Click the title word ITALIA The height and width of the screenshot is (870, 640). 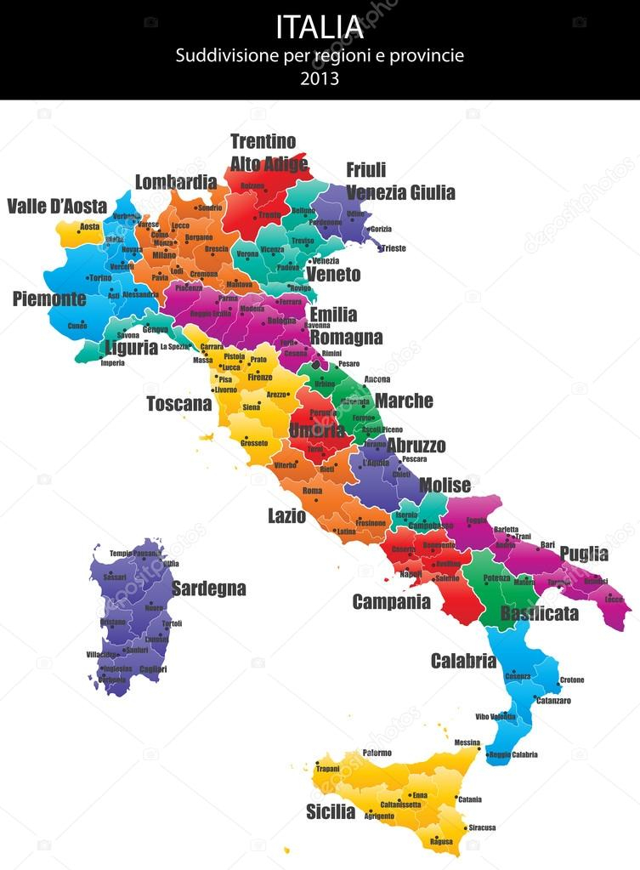click(320, 27)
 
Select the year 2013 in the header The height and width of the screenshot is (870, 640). click(320, 78)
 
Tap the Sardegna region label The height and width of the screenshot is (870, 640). click(209, 589)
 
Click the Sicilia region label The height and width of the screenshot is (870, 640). click(331, 811)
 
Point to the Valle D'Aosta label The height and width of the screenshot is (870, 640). click(57, 207)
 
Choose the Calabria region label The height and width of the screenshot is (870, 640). click(463, 661)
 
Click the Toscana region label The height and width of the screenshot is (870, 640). click(178, 404)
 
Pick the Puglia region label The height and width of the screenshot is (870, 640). click(584, 554)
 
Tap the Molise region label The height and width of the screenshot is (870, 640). click(445, 486)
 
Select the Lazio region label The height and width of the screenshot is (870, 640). click(286, 515)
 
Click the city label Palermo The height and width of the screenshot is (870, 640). click(377, 753)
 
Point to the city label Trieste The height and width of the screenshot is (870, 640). click(393, 248)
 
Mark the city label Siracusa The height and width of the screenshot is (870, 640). click(482, 827)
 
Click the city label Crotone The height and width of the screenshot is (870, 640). click(572, 680)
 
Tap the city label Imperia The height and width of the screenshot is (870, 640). click(112, 363)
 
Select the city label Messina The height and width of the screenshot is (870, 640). click(467, 742)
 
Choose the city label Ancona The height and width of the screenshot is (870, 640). click(377, 379)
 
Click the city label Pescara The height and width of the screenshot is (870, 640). click(414, 459)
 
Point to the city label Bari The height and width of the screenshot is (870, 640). click(547, 544)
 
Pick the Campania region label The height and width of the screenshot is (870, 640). click(392, 602)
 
